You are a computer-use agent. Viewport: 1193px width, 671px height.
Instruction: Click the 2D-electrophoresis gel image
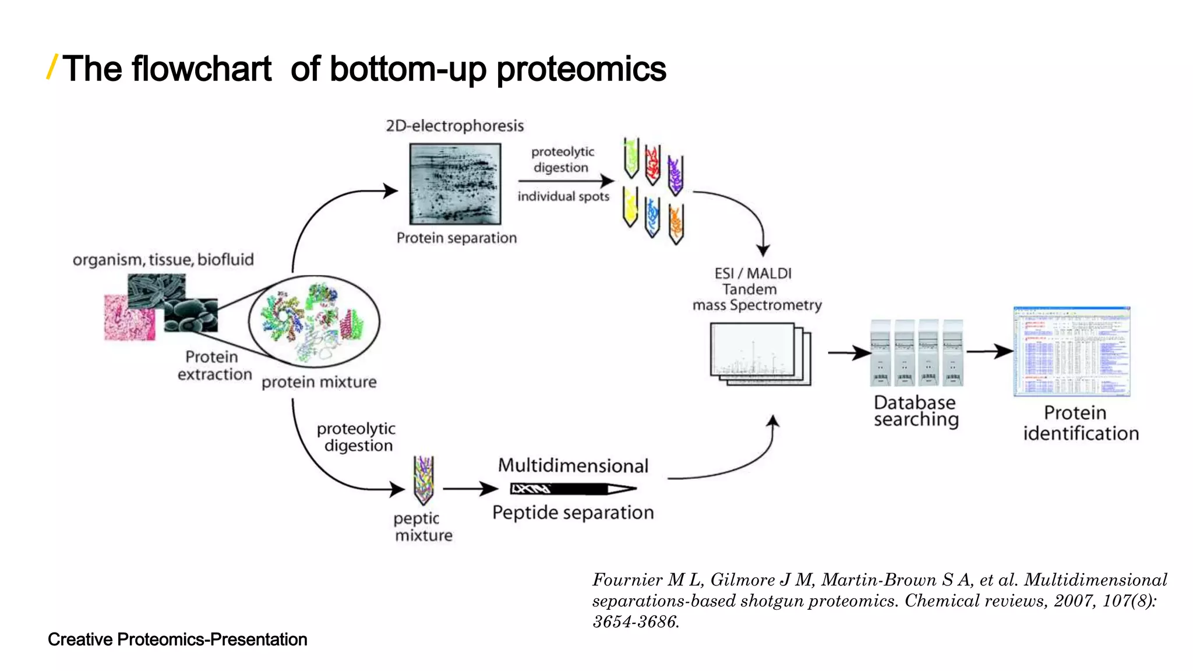click(455, 183)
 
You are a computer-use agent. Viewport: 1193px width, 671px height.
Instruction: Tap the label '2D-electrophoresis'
click(454, 126)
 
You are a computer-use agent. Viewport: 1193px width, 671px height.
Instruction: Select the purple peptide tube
click(675, 175)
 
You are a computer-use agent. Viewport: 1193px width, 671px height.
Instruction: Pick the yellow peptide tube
click(630, 206)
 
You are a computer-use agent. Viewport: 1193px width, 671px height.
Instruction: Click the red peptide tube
click(652, 164)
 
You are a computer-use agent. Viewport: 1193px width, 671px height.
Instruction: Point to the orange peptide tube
click(676, 224)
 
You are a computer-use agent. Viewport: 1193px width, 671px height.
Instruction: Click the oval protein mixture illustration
click(314, 321)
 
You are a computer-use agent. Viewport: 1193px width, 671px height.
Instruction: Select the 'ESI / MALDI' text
click(753, 273)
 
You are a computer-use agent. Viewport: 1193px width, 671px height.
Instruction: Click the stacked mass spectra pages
click(759, 354)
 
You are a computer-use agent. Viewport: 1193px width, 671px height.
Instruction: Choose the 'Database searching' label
click(915, 411)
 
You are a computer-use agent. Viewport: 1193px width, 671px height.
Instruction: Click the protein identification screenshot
click(1071, 351)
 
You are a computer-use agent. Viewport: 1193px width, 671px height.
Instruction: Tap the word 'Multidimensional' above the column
click(573, 465)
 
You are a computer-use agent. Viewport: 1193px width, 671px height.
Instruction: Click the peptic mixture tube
click(423, 479)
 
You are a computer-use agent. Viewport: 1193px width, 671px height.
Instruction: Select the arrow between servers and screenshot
click(989, 351)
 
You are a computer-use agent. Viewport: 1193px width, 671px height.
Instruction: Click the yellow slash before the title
click(52, 67)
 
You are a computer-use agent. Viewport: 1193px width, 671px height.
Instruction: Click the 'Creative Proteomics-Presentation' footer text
click(177, 639)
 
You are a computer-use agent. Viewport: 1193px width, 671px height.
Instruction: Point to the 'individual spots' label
click(563, 196)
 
